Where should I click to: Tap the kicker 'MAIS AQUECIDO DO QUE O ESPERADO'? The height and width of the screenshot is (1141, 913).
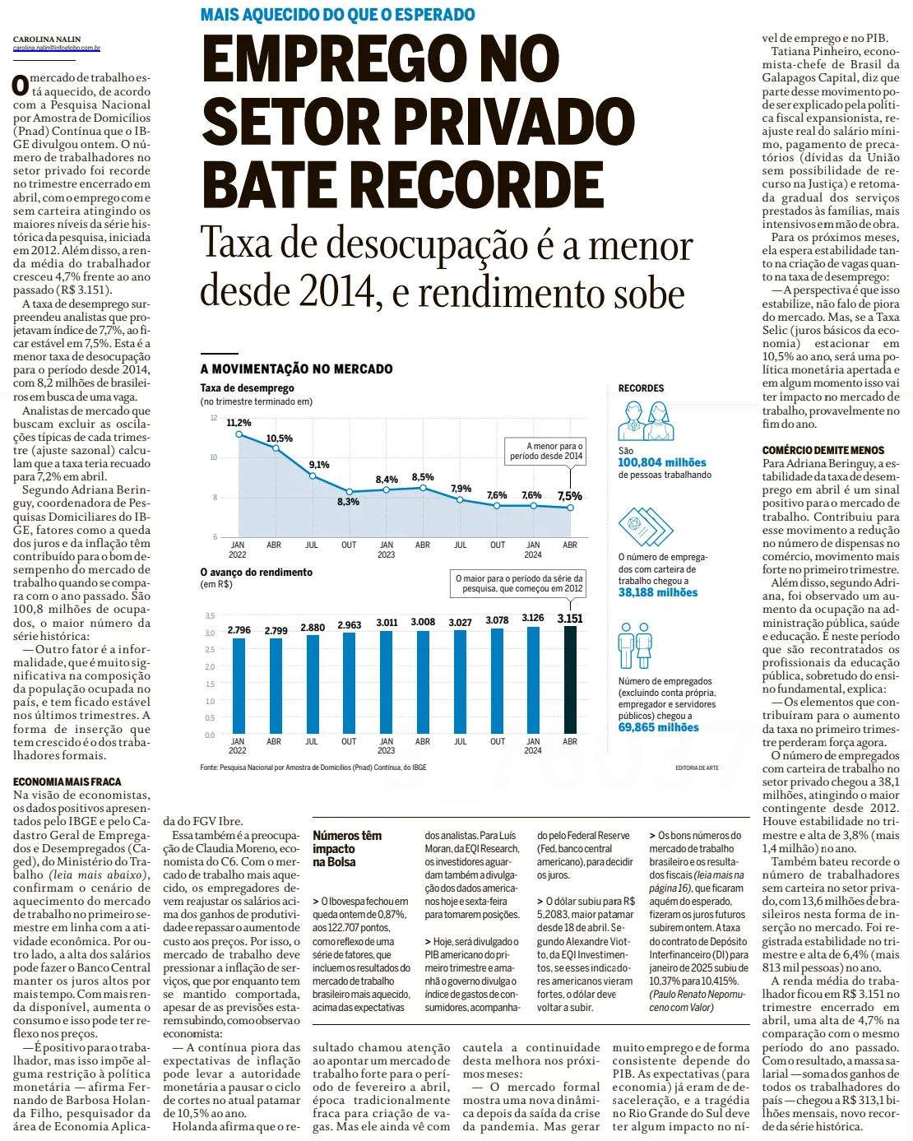pyautogui.click(x=337, y=15)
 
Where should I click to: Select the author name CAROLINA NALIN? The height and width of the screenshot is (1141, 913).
pyautogui.click(x=47, y=39)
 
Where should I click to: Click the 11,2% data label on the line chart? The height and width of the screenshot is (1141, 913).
pyautogui.click(x=239, y=423)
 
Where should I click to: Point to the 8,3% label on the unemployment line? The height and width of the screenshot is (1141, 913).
pyautogui.click(x=348, y=502)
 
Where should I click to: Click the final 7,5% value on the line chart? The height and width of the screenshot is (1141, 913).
pyautogui.click(x=570, y=496)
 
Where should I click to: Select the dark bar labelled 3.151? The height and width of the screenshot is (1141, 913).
pyautogui.click(x=570, y=679)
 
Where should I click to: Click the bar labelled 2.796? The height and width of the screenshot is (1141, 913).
pyautogui.click(x=239, y=685)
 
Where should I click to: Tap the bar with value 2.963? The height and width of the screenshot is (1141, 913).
pyautogui.click(x=350, y=683)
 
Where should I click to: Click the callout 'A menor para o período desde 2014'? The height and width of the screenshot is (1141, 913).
pyautogui.click(x=546, y=451)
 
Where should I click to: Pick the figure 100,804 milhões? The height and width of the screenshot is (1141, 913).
pyautogui.click(x=662, y=462)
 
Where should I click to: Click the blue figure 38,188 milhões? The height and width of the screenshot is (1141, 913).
pyautogui.click(x=658, y=592)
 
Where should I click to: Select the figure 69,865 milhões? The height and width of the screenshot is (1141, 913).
pyautogui.click(x=659, y=727)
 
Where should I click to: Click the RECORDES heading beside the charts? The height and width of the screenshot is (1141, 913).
pyautogui.click(x=641, y=388)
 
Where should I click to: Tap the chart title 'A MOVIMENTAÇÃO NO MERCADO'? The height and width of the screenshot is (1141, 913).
pyautogui.click(x=296, y=369)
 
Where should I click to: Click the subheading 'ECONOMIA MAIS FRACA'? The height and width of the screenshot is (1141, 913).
pyautogui.click(x=67, y=782)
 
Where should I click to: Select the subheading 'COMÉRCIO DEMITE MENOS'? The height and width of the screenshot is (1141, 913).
pyautogui.click(x=823, y=450)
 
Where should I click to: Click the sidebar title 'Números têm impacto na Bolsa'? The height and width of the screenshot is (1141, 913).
pyautogui.click(x=346, y=848)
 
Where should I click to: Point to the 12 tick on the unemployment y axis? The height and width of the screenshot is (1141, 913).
pyautogui.click(x=214, y=418)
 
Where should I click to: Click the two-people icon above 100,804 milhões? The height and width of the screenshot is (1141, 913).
pyautogui.click(x=646, y=421)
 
